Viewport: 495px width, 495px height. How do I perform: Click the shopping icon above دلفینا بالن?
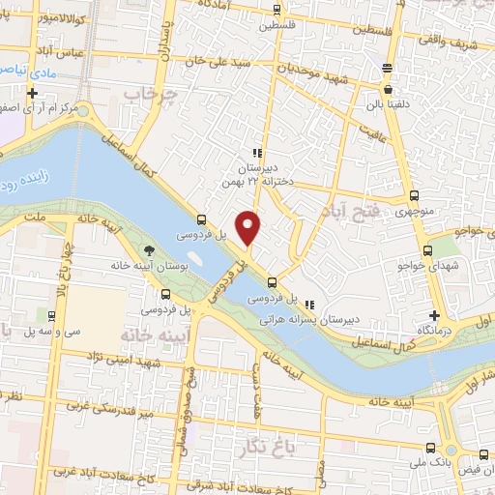click(388, 89)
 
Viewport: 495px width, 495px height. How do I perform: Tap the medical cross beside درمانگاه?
click(434, 316)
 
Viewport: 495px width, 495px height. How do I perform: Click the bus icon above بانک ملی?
click(430, 448)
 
